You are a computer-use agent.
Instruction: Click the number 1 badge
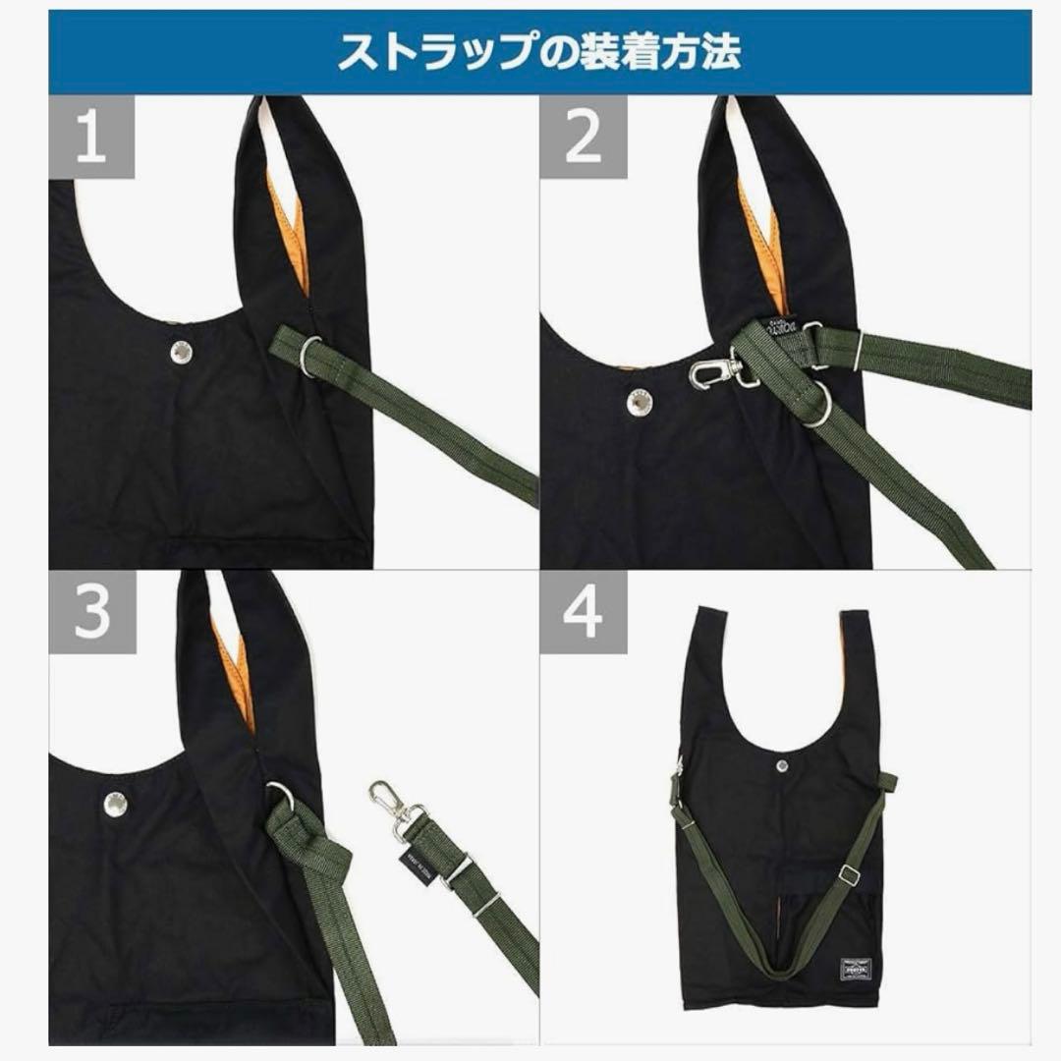[x=91, y=138]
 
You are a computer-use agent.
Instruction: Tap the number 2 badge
[x=584, y=138]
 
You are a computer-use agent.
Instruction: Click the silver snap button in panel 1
[x=181, y=351]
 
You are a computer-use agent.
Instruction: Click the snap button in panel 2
[x=640, y=401]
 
